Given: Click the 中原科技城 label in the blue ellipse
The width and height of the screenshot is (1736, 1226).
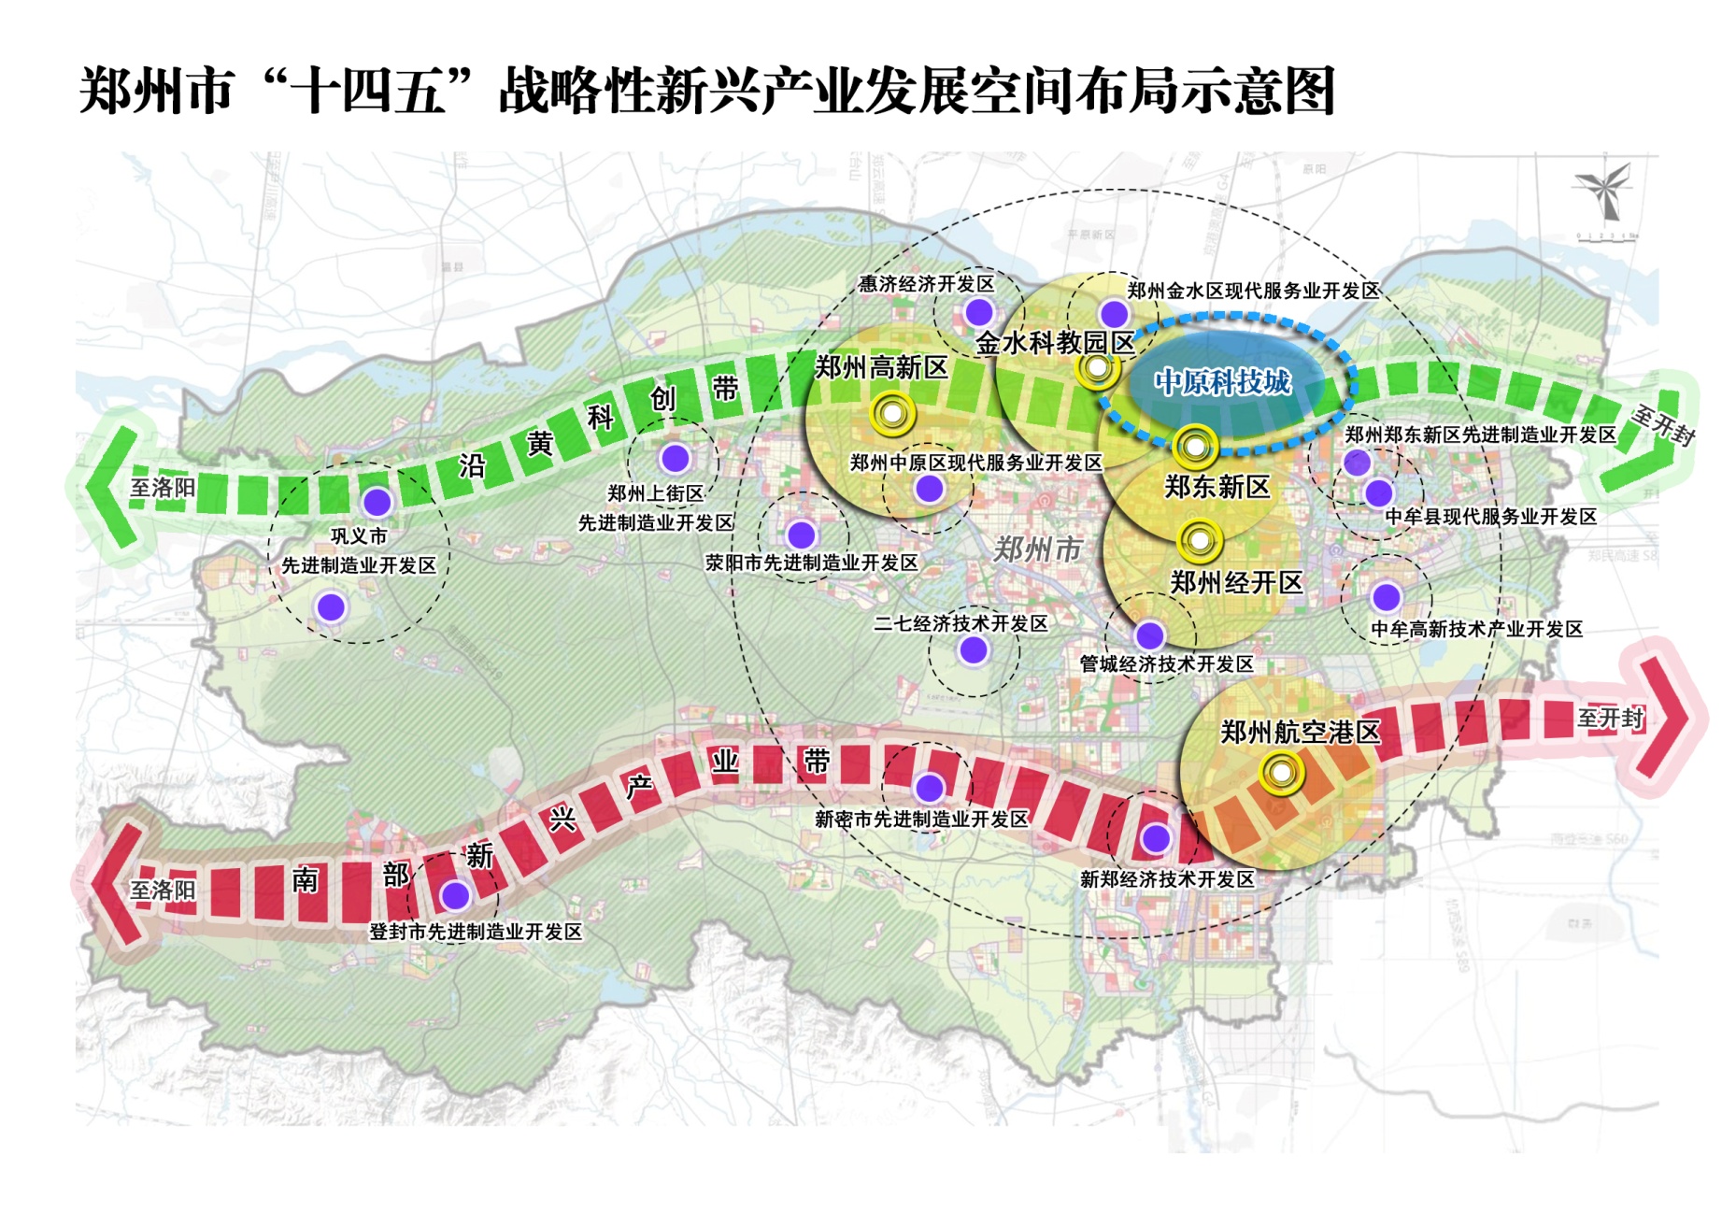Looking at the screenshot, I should (1222, 382).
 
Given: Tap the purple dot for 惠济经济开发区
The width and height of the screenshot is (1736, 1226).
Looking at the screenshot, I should (978, 312).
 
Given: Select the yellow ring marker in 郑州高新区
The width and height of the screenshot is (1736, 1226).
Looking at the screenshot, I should (892, 413).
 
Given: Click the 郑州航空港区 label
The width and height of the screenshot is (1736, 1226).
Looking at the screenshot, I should (1300, 732).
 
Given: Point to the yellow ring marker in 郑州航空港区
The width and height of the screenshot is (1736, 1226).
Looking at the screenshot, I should (1281, 774).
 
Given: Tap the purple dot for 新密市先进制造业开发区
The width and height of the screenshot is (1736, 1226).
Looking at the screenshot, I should (929, 788).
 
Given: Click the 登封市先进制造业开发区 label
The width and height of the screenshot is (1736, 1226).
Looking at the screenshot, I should (476, 932).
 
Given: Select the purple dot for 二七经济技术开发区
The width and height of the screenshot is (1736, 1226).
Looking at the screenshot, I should (973, 649).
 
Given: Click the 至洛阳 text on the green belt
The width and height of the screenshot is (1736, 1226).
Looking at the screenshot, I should (163, 488).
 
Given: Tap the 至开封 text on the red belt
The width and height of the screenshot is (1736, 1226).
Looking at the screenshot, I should (1610, 719).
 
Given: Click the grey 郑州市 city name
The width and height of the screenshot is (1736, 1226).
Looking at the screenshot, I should (1037, 549).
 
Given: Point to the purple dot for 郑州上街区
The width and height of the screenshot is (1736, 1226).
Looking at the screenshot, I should (675, 458).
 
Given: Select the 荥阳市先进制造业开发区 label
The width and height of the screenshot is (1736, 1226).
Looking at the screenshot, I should (811, 563).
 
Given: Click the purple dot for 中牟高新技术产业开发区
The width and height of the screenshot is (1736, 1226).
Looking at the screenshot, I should (1386, 596).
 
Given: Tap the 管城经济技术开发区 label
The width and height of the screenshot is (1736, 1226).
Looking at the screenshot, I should (1166, 663).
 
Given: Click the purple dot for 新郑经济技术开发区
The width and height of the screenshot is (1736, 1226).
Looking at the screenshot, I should (1156, 838).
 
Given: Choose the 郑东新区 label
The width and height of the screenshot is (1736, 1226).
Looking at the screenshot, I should (1217, 487).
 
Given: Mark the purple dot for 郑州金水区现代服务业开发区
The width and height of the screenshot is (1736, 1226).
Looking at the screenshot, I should (1113, 313).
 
